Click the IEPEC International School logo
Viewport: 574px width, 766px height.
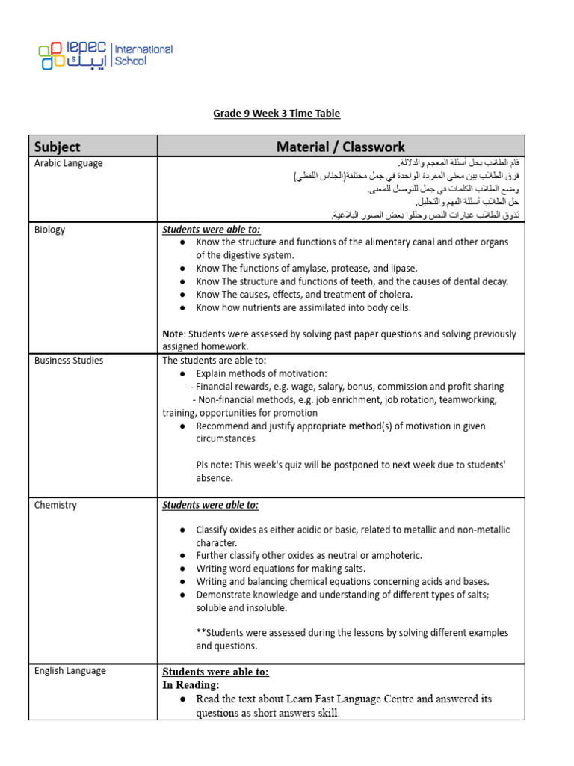(x=105, y=55)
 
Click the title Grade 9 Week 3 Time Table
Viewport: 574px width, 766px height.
(x=277, y=114)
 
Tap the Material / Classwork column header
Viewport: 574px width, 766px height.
(x=341, y=147)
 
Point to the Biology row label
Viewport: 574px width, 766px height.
(x=50, y=230)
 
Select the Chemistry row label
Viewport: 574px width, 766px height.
(x=55, y=505)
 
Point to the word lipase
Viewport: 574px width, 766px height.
(x=404, y=269)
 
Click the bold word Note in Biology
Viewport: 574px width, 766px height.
(x=173, y=334)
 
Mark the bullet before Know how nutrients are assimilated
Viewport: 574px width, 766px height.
(x=183, y=308)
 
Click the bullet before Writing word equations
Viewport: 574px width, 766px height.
(x=183, y=569)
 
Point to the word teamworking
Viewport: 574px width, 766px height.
(x=463, y=400)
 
